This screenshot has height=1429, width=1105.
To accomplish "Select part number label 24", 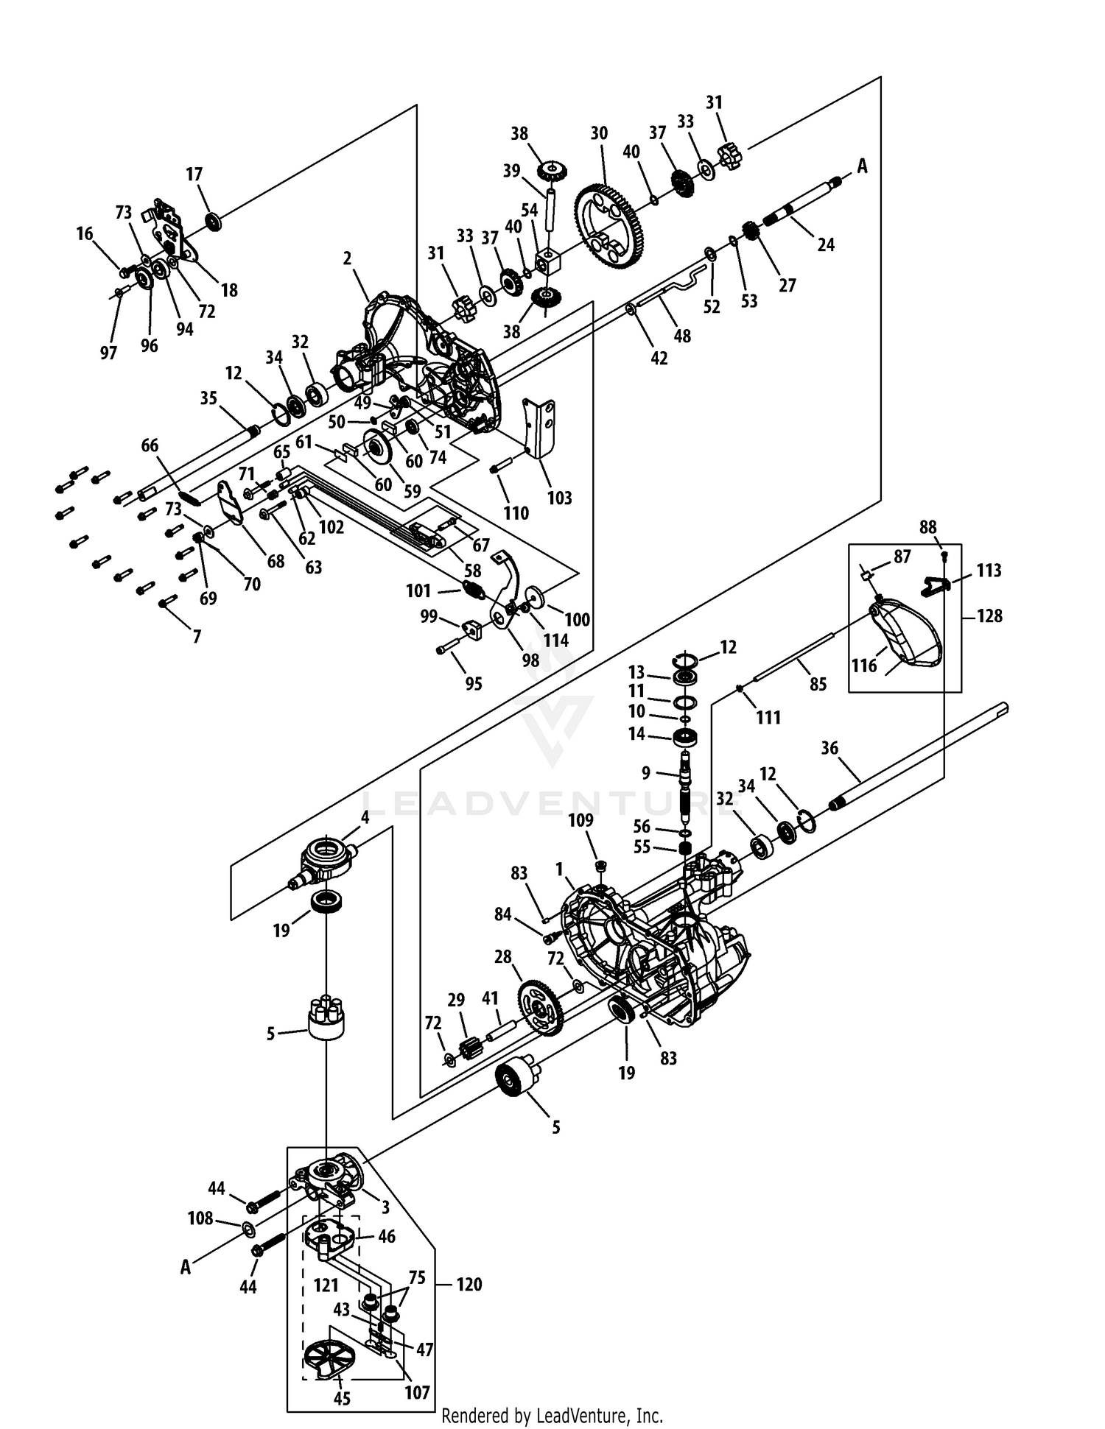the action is click(826, 244).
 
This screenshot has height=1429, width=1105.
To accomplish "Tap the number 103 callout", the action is click(560, 498).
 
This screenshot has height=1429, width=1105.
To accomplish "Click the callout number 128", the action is click(989, 615).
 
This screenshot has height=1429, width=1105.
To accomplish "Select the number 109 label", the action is click(580, 820).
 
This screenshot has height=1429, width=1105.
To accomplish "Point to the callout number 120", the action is click(469, 1284).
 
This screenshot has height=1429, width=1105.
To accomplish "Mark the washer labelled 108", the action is click(248, 1227).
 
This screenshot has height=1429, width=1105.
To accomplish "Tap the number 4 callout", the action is click(365, 816).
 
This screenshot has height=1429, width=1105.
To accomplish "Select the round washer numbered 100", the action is click(536, 597).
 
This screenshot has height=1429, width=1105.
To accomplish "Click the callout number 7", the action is click(197, 636).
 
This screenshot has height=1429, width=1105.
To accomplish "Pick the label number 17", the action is click(194, 174).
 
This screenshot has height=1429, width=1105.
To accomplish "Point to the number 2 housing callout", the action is click(347, 258).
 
